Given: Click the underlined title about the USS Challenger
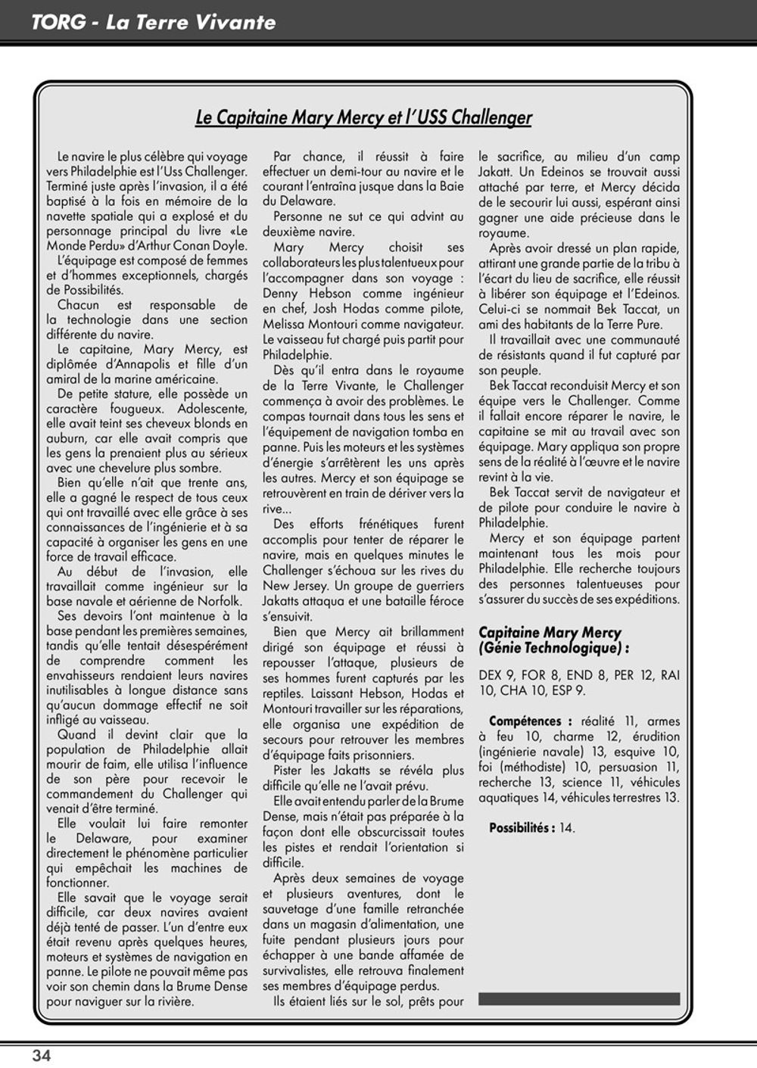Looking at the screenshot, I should tap(363, 117).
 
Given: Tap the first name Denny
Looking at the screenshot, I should tap(281, 294).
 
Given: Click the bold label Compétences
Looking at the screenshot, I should tap(525, 721).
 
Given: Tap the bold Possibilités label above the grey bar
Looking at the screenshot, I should tap(522, 828).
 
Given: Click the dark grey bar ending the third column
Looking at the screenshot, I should tap(579, 999).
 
